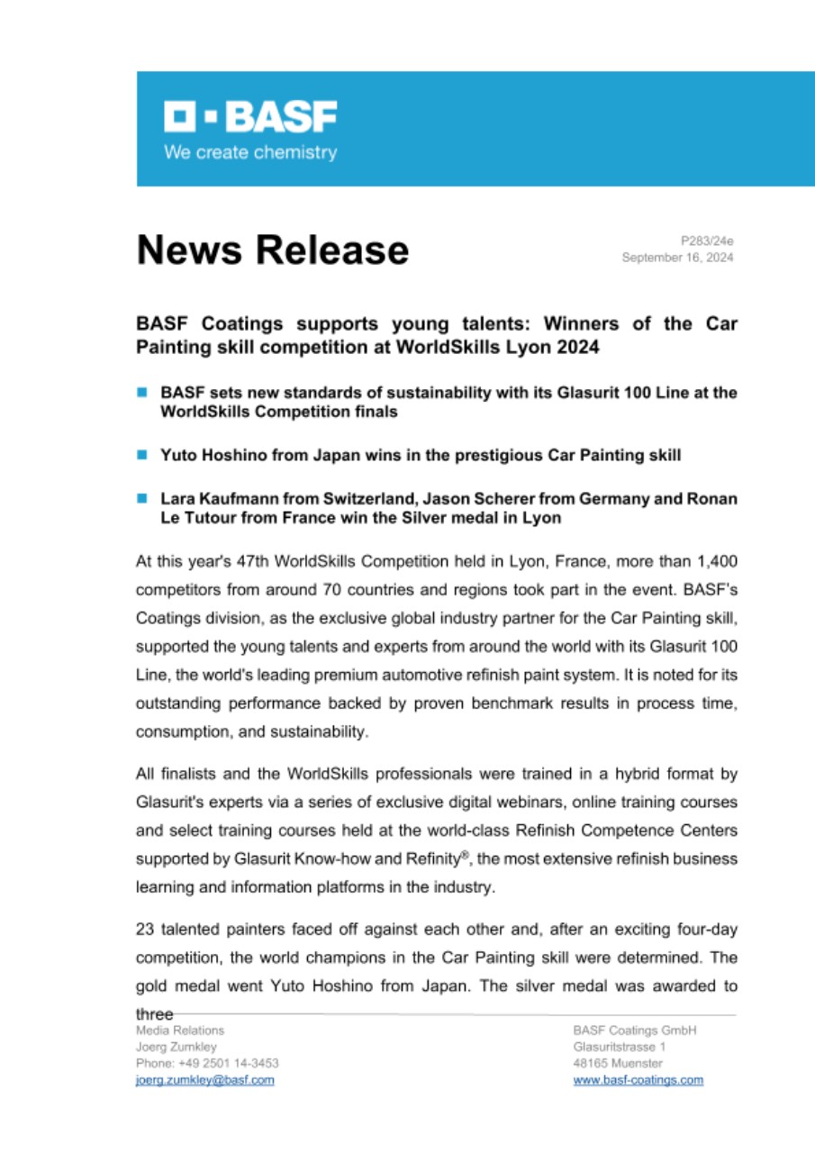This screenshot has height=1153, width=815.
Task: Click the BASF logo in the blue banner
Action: (x=249, y=118)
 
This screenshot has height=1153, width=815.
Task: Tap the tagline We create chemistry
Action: (x=249, y=152)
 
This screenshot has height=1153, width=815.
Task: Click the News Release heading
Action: (x=272, y=250)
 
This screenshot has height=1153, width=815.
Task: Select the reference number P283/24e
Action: (x=707, y=241)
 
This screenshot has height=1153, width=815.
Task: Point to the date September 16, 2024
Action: (x=677, y=258)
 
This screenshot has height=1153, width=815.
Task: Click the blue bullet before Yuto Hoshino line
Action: (x=141, y=456)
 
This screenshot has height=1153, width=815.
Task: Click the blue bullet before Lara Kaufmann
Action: (x=141, y=497)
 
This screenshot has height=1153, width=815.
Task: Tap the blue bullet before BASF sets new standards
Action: (x=141, y=393)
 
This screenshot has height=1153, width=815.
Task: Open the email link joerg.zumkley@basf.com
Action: (x=204, y=1080)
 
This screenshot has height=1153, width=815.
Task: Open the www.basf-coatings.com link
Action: (x=638, y=1080)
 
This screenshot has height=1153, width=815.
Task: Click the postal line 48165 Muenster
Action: (x=617, y=1063)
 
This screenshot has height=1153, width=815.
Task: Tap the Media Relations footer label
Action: (x=179, y=1030)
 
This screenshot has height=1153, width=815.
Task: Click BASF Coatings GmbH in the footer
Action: (x=634, y=1030)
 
